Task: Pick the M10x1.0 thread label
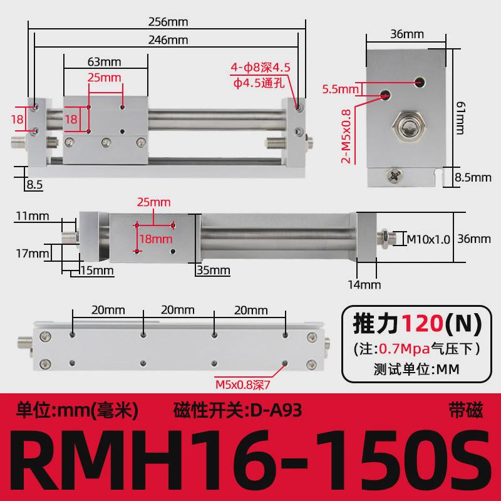tap(429, 239)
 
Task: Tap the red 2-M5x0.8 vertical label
tap(344, 134)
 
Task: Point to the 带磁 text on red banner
tap(467, 411)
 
